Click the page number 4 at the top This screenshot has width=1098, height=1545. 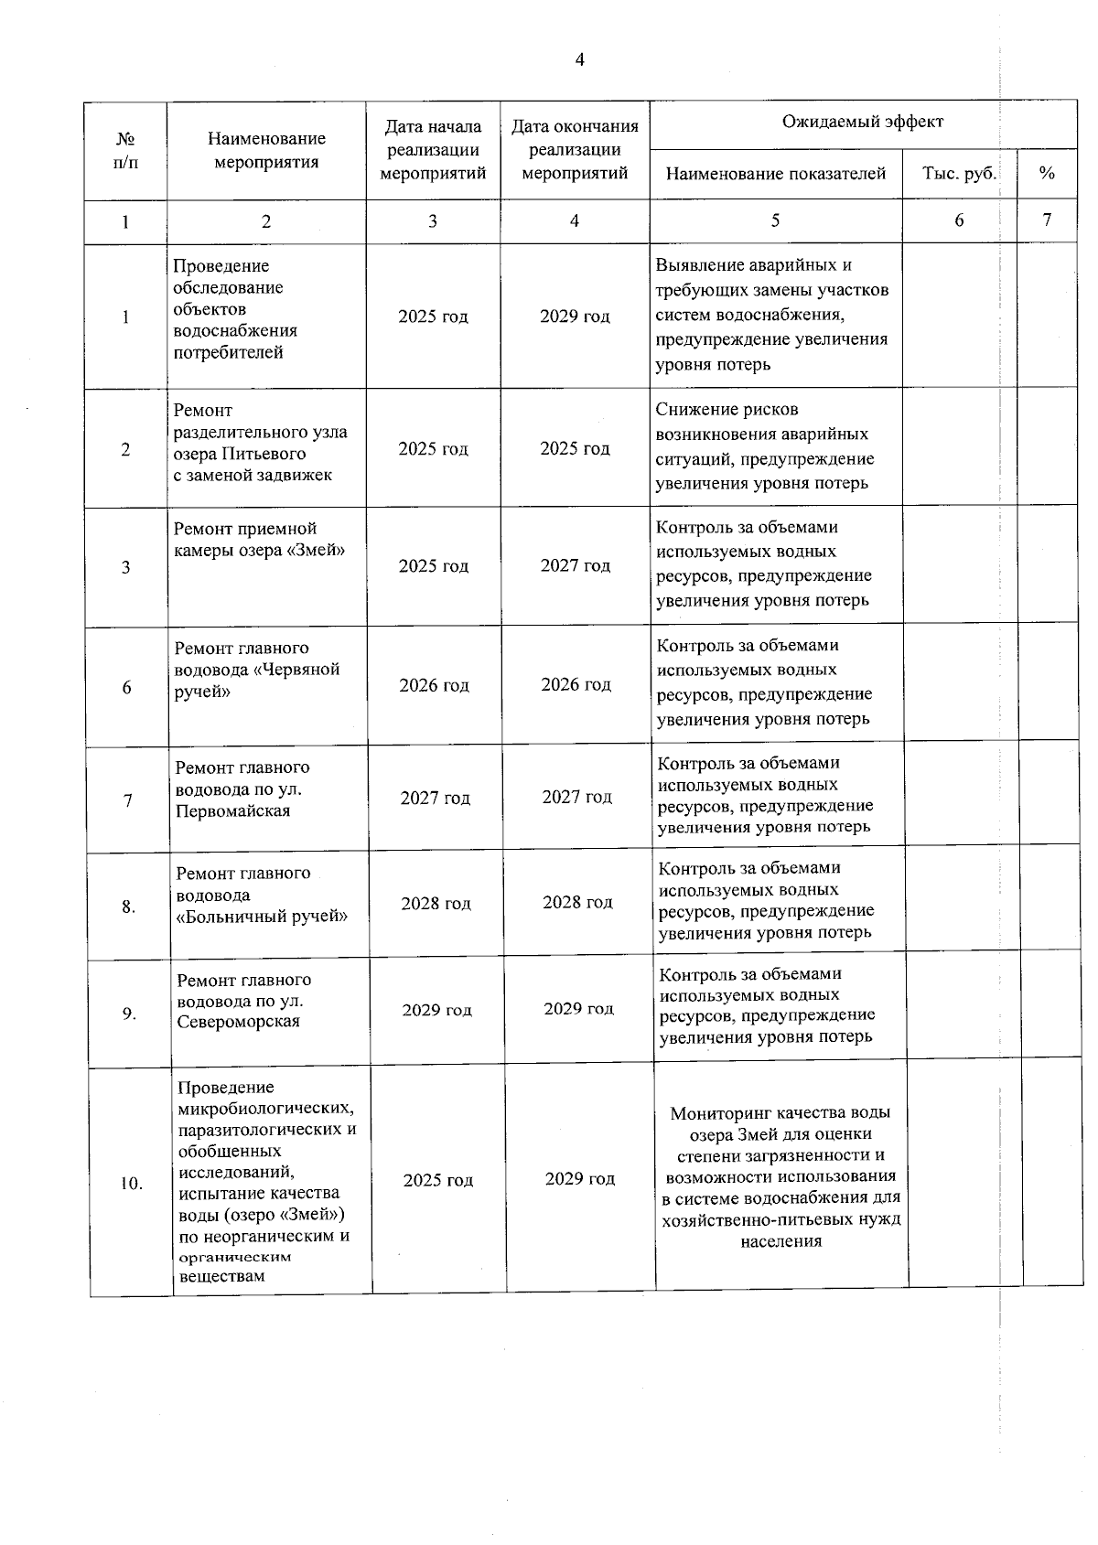(x=579, y=60)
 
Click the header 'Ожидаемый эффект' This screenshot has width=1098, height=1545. (x=862, y=122)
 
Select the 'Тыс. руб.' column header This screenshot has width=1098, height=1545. (x=959, y=174)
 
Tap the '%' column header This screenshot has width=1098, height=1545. (x=1047, y=174)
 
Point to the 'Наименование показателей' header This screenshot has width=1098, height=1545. (x=775, y=174)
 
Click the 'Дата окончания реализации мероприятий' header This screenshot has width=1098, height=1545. (x=575, y=150)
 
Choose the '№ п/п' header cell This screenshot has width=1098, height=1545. (x=126, y=150)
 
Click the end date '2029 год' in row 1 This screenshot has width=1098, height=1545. (x=575, y=317)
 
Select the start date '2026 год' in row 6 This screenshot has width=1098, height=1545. (x=434, y=685)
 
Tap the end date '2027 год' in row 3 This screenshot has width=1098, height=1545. (x=575, y=566)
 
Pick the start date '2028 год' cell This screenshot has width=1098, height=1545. (x=436, y=904)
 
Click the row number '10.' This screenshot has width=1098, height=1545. (x=131, y=1184)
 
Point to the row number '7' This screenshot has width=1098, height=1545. (x=128, y=800)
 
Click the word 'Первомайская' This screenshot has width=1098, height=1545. (x=232, y=811)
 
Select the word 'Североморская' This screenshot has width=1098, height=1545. (x=238, y=1022)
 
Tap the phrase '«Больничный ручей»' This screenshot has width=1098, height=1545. (x=262, y=917)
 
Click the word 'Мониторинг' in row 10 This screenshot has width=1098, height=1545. (x=719, y=1113)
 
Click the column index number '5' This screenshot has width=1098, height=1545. (x=775, y=220)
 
